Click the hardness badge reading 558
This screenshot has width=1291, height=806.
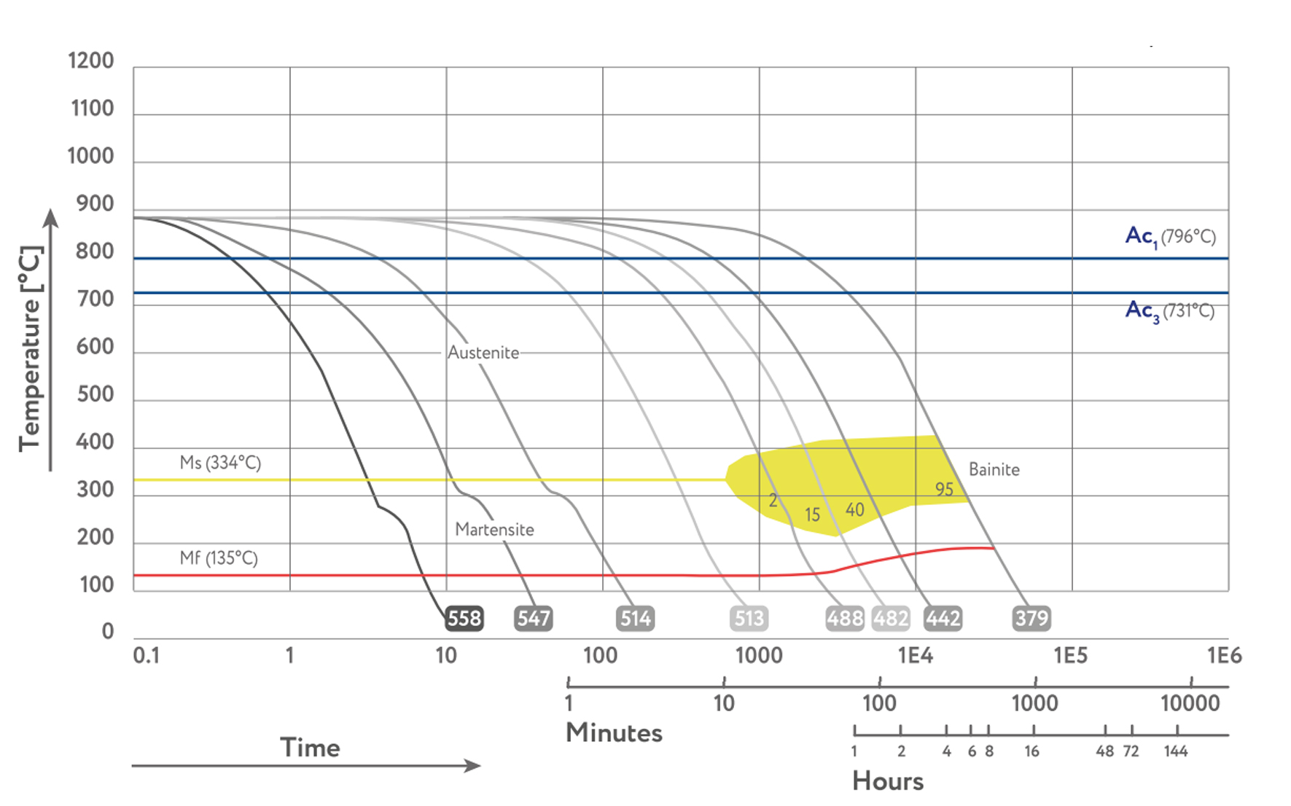point(464,619)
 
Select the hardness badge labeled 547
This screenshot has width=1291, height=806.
point(534,619)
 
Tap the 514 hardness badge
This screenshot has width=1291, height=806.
point(635,619)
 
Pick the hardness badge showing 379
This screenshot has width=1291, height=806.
point(1031,619)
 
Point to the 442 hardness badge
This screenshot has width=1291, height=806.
point(943,619)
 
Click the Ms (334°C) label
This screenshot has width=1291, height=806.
point(220,463)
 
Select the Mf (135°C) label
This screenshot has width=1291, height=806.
point(219,558)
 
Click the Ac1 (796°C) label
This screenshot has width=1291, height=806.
point(1170,236)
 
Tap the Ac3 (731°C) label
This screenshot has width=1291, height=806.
point(1169,310)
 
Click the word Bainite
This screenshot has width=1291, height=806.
point(994,470)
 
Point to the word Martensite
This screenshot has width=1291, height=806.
point(494,530)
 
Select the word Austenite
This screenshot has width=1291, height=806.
point(483,353)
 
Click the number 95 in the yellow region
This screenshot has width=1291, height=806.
point(944,490)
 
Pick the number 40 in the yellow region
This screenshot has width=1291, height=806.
point(854,509)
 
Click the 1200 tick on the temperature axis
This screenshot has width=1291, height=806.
point(91,60)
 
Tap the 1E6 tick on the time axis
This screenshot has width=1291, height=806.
point(1224,656)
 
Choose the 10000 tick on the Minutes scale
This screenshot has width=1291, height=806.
point(1190,703)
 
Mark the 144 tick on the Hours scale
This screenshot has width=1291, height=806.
point(1175,751)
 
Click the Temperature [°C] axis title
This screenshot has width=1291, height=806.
point(31,348)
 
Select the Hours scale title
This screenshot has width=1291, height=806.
point(887,781)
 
